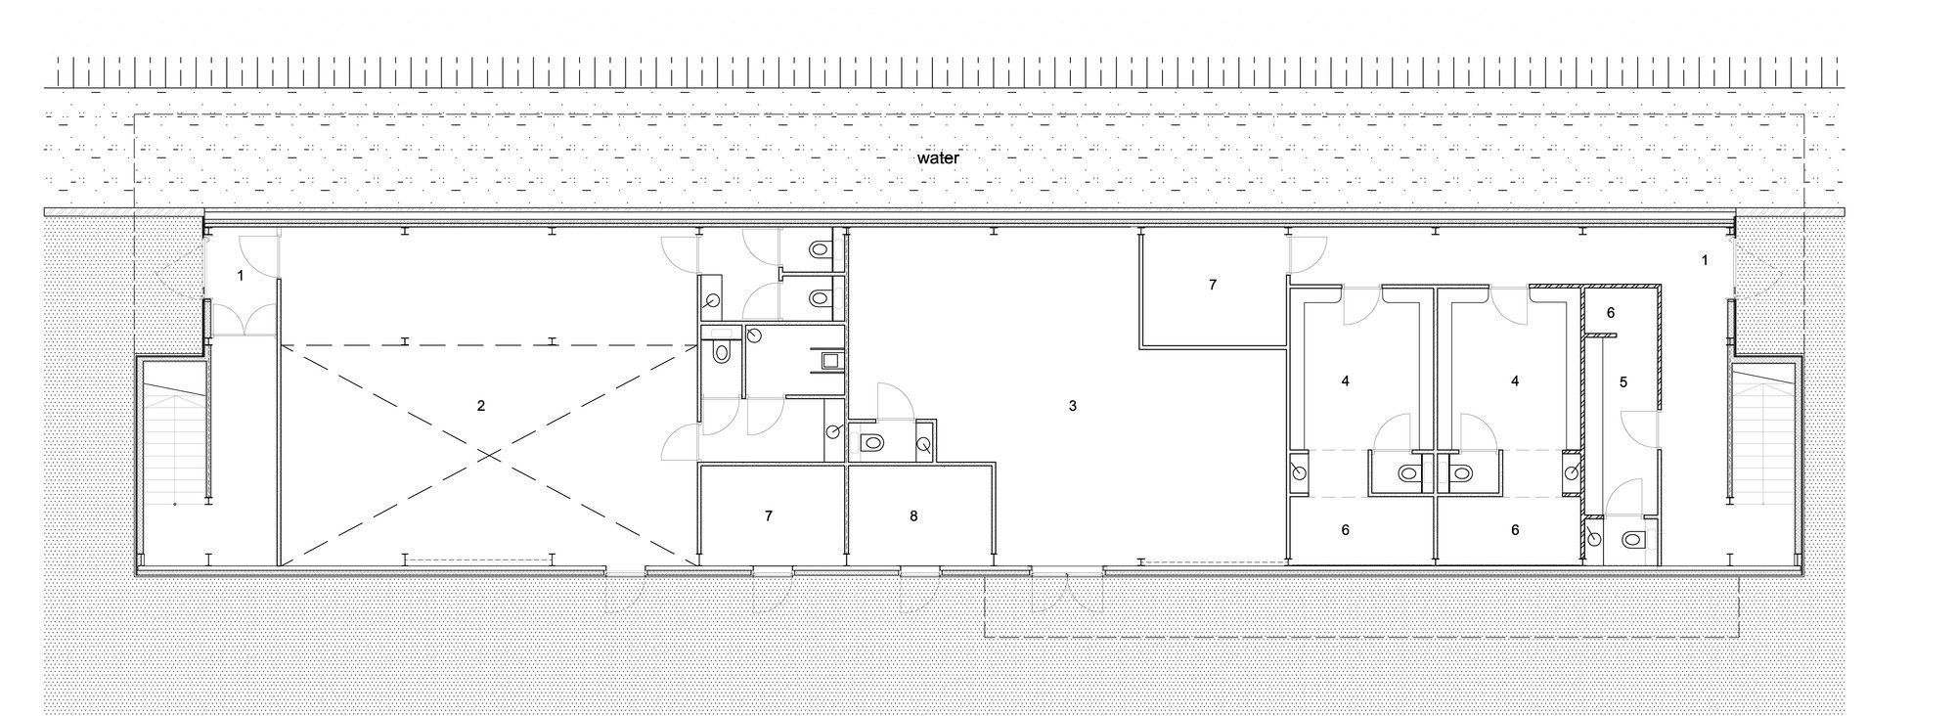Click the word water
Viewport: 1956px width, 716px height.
(937, 157)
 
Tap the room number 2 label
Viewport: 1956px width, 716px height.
(480, 405)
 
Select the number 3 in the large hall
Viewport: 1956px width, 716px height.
(1072, 405)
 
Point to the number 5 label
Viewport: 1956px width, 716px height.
(1623, 382)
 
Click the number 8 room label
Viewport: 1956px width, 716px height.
(913, 515)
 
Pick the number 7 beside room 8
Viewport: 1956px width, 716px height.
(769, 515)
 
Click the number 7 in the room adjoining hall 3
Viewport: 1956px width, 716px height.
(1213, 285)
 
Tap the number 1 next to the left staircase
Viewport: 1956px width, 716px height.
(241, 277)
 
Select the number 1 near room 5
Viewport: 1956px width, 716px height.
(1705, 260)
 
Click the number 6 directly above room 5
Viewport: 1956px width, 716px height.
(1611, 313)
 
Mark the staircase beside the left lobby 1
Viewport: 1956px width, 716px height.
(175, 440)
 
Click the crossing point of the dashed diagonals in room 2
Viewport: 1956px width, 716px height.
(486, 454)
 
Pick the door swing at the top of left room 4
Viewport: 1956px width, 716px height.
(1360, 307)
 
